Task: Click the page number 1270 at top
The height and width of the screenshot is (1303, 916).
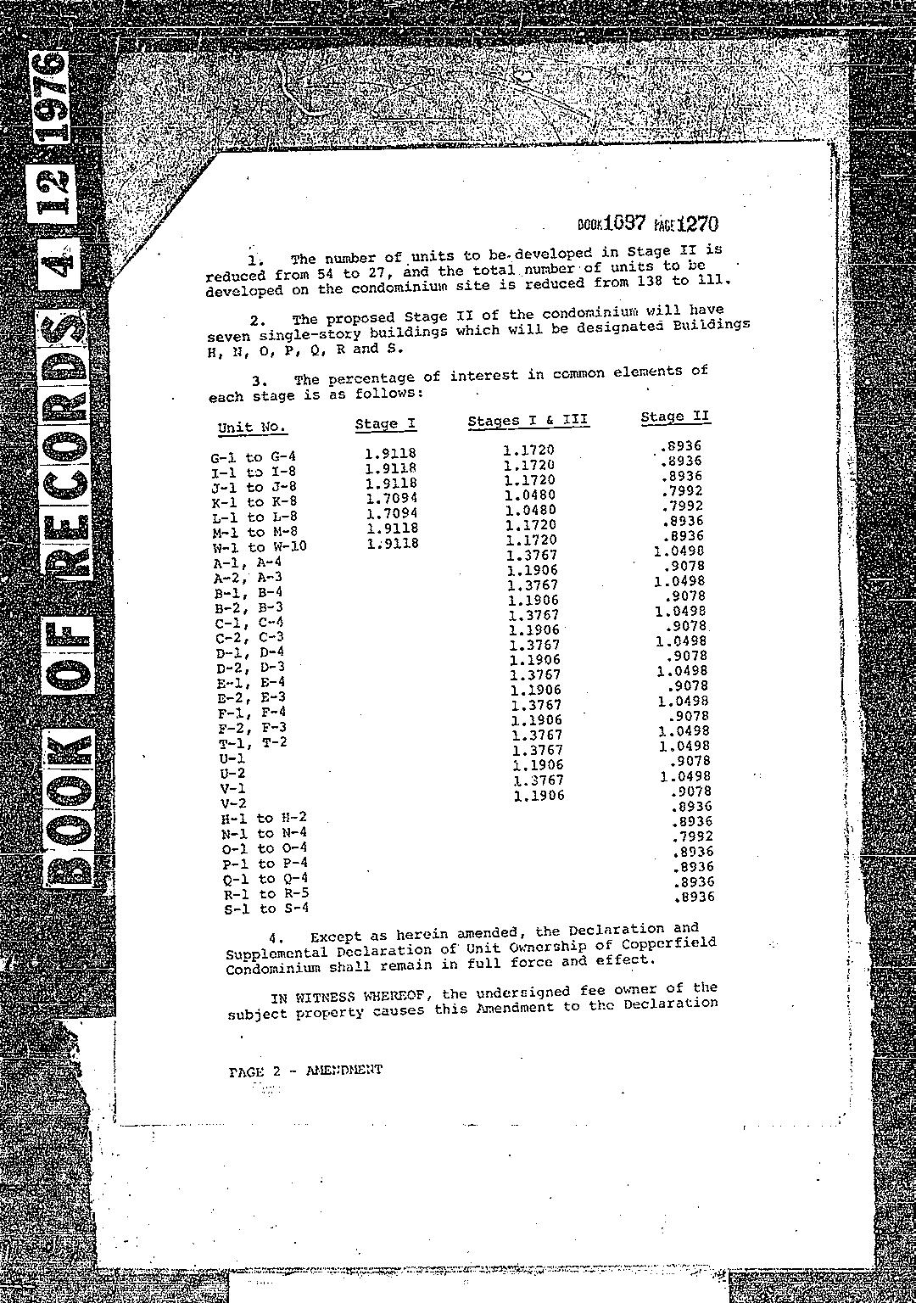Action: tap(698, 224)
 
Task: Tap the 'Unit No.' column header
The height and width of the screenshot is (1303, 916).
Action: tap(252, 427)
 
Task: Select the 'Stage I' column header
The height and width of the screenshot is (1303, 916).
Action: tap(385, 423)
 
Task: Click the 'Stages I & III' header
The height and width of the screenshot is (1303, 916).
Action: tap(528, 421)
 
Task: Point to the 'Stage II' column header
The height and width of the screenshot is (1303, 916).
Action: tap(675, 417)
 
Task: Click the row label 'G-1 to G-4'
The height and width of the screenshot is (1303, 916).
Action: tap(253, 457)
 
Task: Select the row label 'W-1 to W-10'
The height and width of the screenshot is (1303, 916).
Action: tap(259, 546)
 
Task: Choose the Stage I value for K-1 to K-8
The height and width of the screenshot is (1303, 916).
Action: tap(392, 498)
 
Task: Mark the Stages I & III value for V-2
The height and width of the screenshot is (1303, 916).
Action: tap(539, 796)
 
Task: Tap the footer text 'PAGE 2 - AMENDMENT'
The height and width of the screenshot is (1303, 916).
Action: tap(305, 1071)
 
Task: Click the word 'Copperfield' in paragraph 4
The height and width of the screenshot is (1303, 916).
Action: tap(672, 943)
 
